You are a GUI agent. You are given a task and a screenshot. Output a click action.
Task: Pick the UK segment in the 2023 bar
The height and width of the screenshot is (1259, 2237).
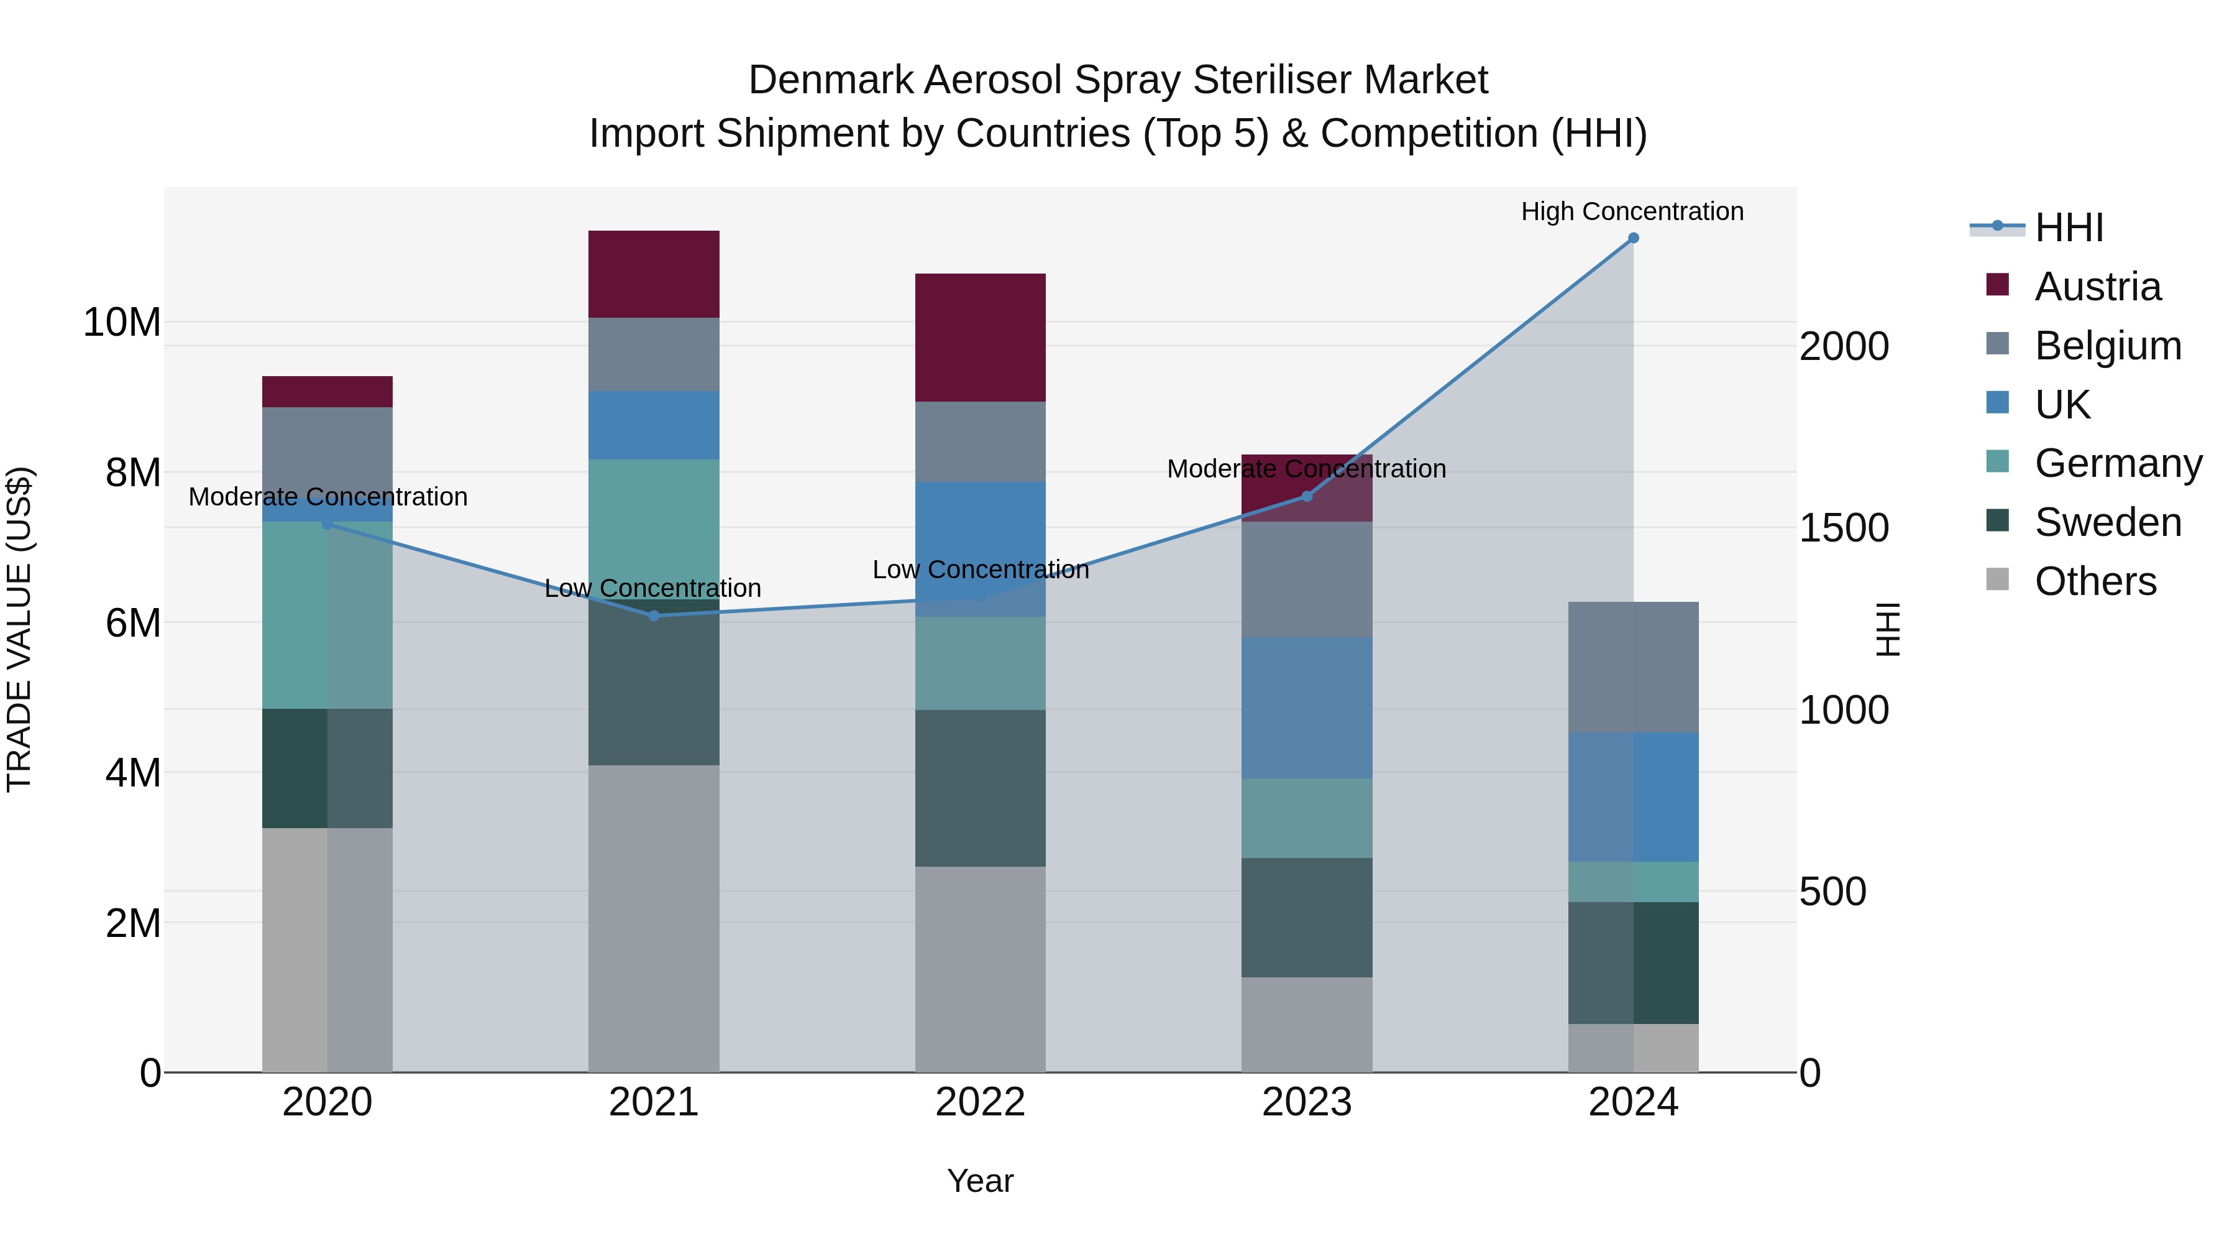(x=1306, y=708)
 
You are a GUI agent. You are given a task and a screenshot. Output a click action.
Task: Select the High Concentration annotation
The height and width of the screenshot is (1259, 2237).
(x=1632, y=211)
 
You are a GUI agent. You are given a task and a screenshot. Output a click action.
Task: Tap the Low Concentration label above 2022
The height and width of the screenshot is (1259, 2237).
(x=981, y=570)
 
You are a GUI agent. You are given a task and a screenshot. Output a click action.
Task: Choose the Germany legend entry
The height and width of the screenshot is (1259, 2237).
(x=2117, y=463)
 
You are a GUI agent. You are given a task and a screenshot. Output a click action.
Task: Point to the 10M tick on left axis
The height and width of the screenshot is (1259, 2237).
(x=122, y=322)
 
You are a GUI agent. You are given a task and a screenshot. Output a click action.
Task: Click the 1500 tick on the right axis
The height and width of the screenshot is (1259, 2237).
(x=1843, y=528)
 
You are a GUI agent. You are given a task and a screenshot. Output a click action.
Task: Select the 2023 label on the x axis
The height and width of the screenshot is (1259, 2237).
(x=1306, y=1102)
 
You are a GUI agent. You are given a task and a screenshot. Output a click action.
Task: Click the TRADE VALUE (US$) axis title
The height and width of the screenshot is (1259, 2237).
(x=19, y=629)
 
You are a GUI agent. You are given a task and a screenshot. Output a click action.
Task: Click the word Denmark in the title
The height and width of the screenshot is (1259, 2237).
(x=830, y=80)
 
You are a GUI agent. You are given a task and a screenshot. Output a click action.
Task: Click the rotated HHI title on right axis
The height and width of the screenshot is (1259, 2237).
(x=1888, y=629)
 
